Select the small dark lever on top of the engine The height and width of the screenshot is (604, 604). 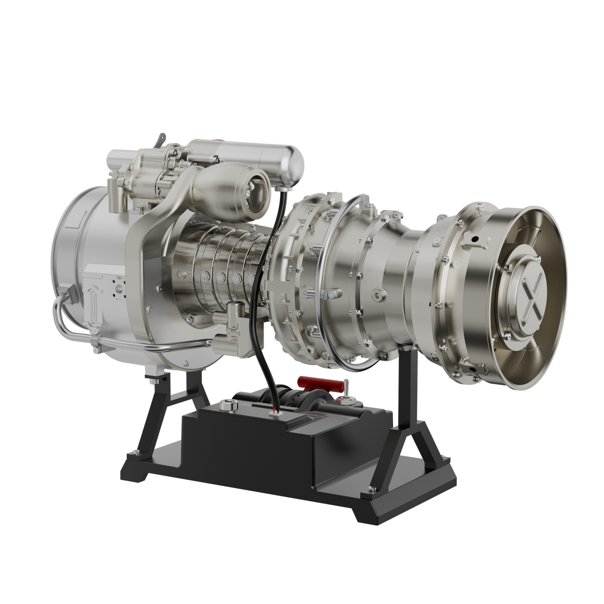[x=161, y=139]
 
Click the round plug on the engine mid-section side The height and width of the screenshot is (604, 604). [x=379, y=294]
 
